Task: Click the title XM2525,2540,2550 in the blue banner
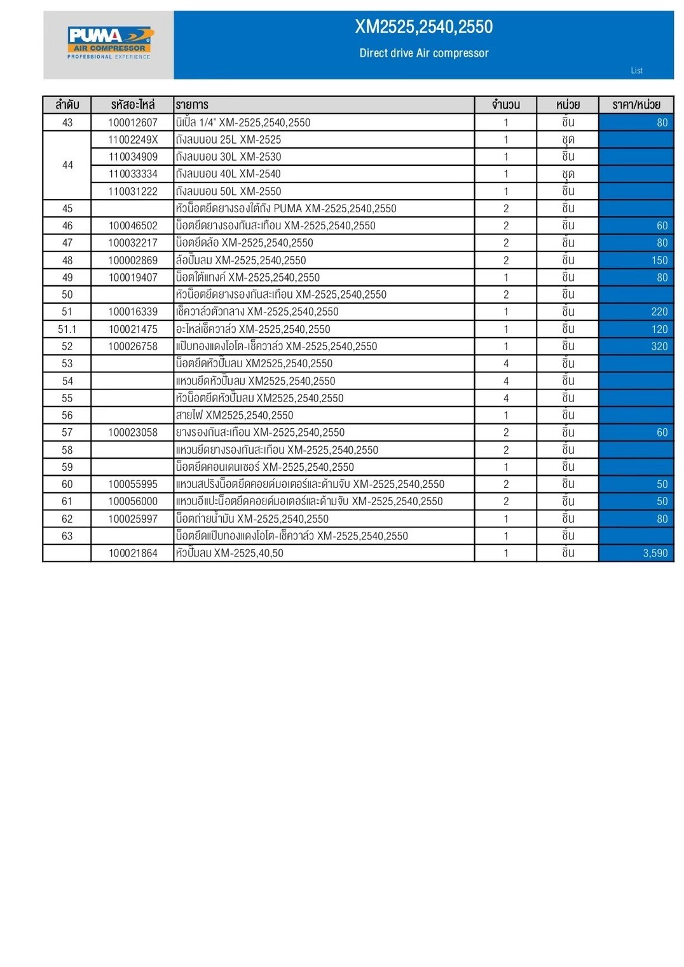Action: pos(423,27)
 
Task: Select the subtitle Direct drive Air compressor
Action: pos(423,53)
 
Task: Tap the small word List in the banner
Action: pos(636,71)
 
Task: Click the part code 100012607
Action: pos(133,123)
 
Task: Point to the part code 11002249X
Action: pos(133,140)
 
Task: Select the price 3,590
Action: pos(655,553)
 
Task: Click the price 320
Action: pos(659,346)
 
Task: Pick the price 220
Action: pos(659,312)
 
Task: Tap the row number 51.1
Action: pos(67,329)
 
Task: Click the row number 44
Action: pos(67,165)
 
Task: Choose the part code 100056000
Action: pos(133,501)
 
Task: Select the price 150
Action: pos(659,260)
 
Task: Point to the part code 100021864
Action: pos(133,553)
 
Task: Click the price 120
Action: pos(659,329)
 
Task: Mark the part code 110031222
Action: pos(133,191)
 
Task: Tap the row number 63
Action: pos(67,536)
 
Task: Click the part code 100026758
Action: pos(133,346)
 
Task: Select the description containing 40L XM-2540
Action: pos(228,174)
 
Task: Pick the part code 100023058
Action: pos(133,433)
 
